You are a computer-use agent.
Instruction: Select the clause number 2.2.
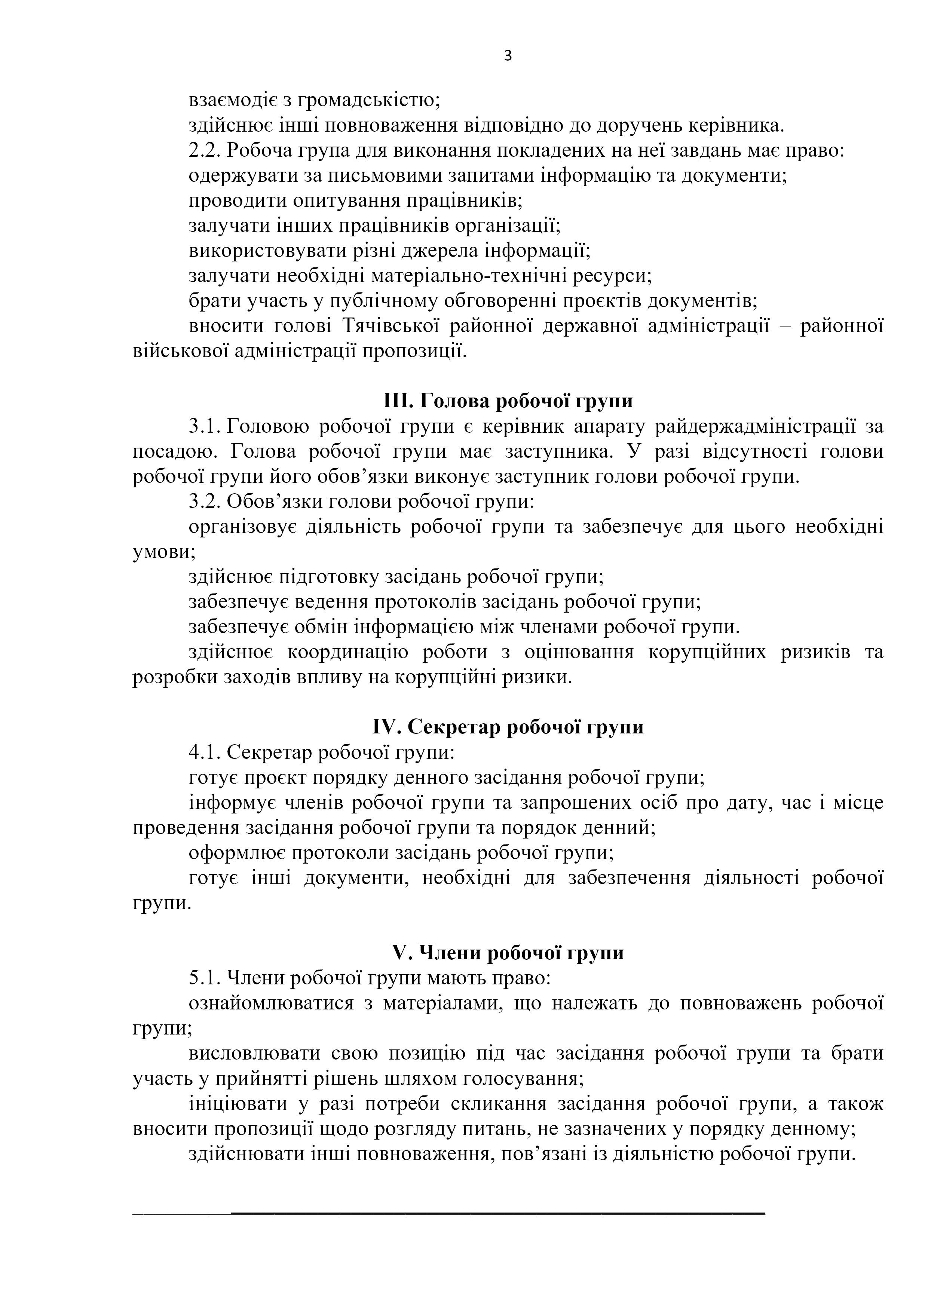tap(205, 150)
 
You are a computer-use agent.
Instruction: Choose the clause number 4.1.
tap(205, 752)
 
